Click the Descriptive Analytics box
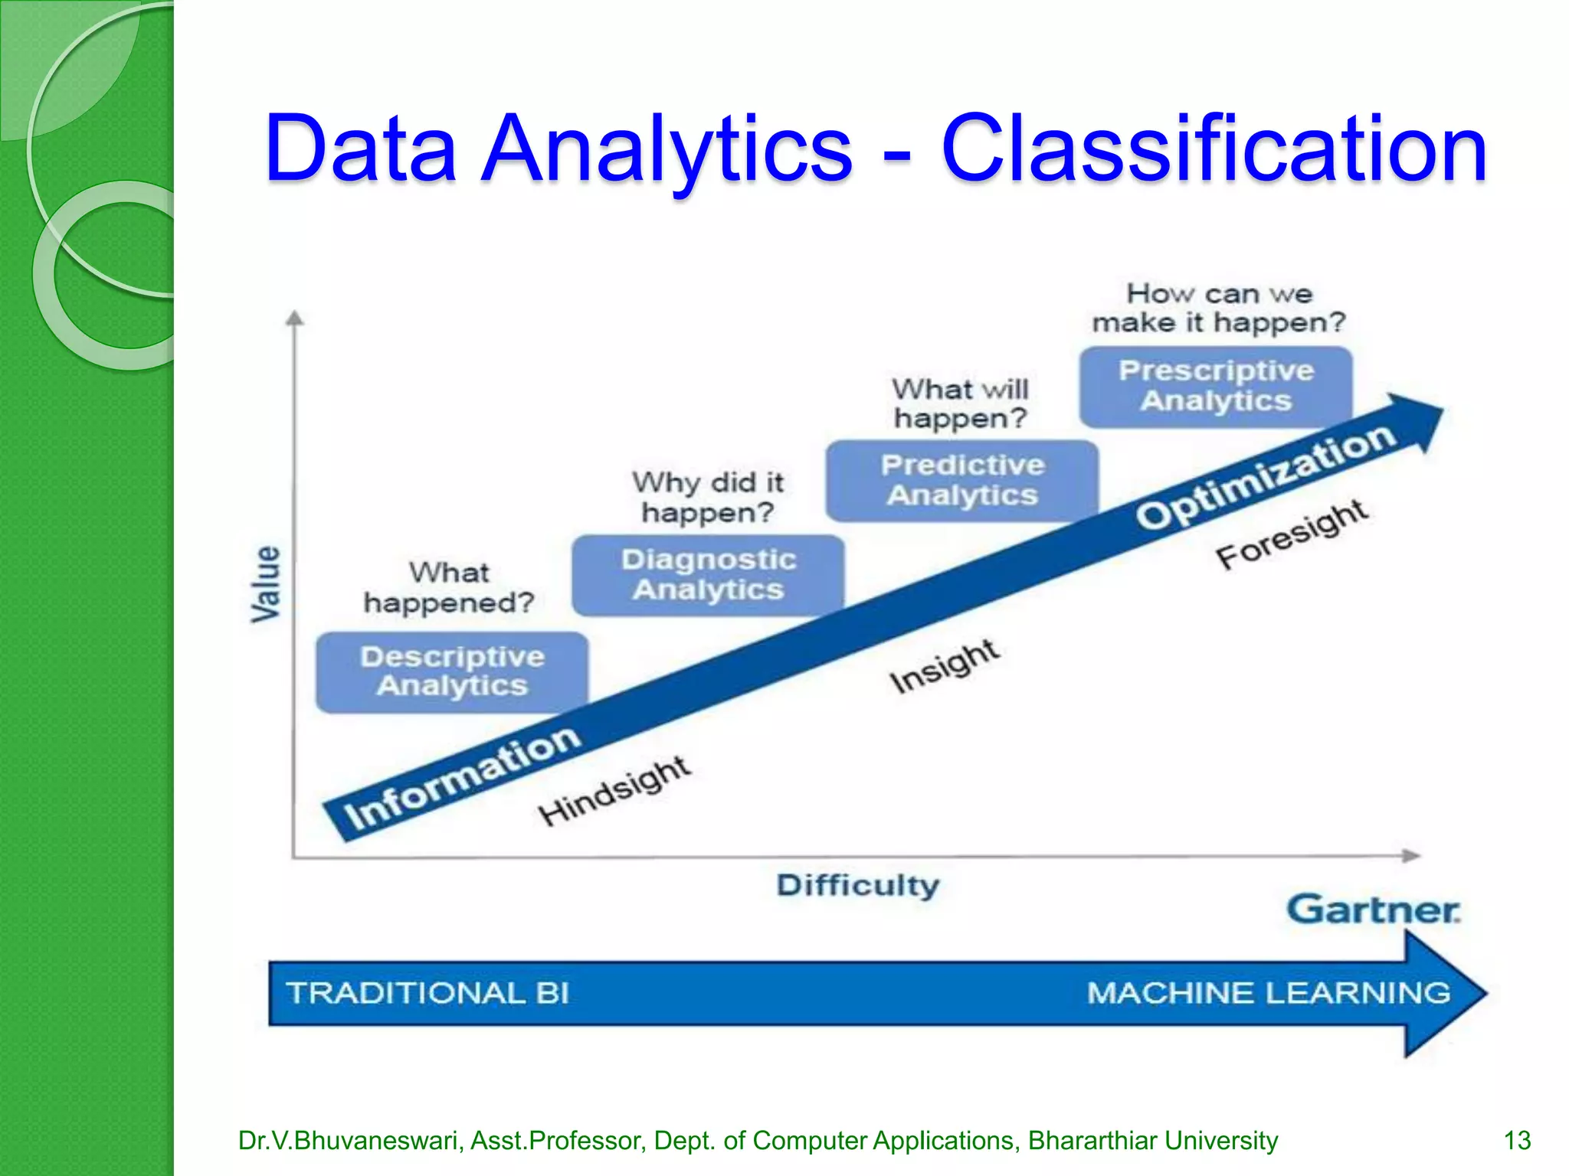pyautogui.click(x=452, y=671)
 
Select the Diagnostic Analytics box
pyautogui.click(x=709, y=574)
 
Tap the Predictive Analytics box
pyautogui.click(x=962, y=480)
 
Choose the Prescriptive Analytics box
pyautogui.click(x=1216, y=386)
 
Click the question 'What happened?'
pyautogui.click(x=449, y=588)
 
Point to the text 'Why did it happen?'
pyautogui.click(x=708, y=498)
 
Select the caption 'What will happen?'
pyautogui.click(x=960, y=403)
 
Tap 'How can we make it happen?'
pyautogui.click(x=1218, y=308)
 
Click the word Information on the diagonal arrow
pyautogui.click(x=463, y=777)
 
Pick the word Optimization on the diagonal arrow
pyautogui.click(x=1266, y=475)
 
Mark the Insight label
pyautogui.click(x=944, y=666)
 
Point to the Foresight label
pyautogui.click(x=1292, y=534)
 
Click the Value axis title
pyautogui.click(x=266, y=583)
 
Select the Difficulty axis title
pyautogui.click(x=858, y=886)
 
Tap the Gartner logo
pyautogui.click(x=1373, y=910)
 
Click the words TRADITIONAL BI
pyautogui.click(x=428, y=993)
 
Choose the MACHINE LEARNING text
pyautogui.click(x=1269, y=993)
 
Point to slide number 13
pyautogui.click(x=1517, y=1141)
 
